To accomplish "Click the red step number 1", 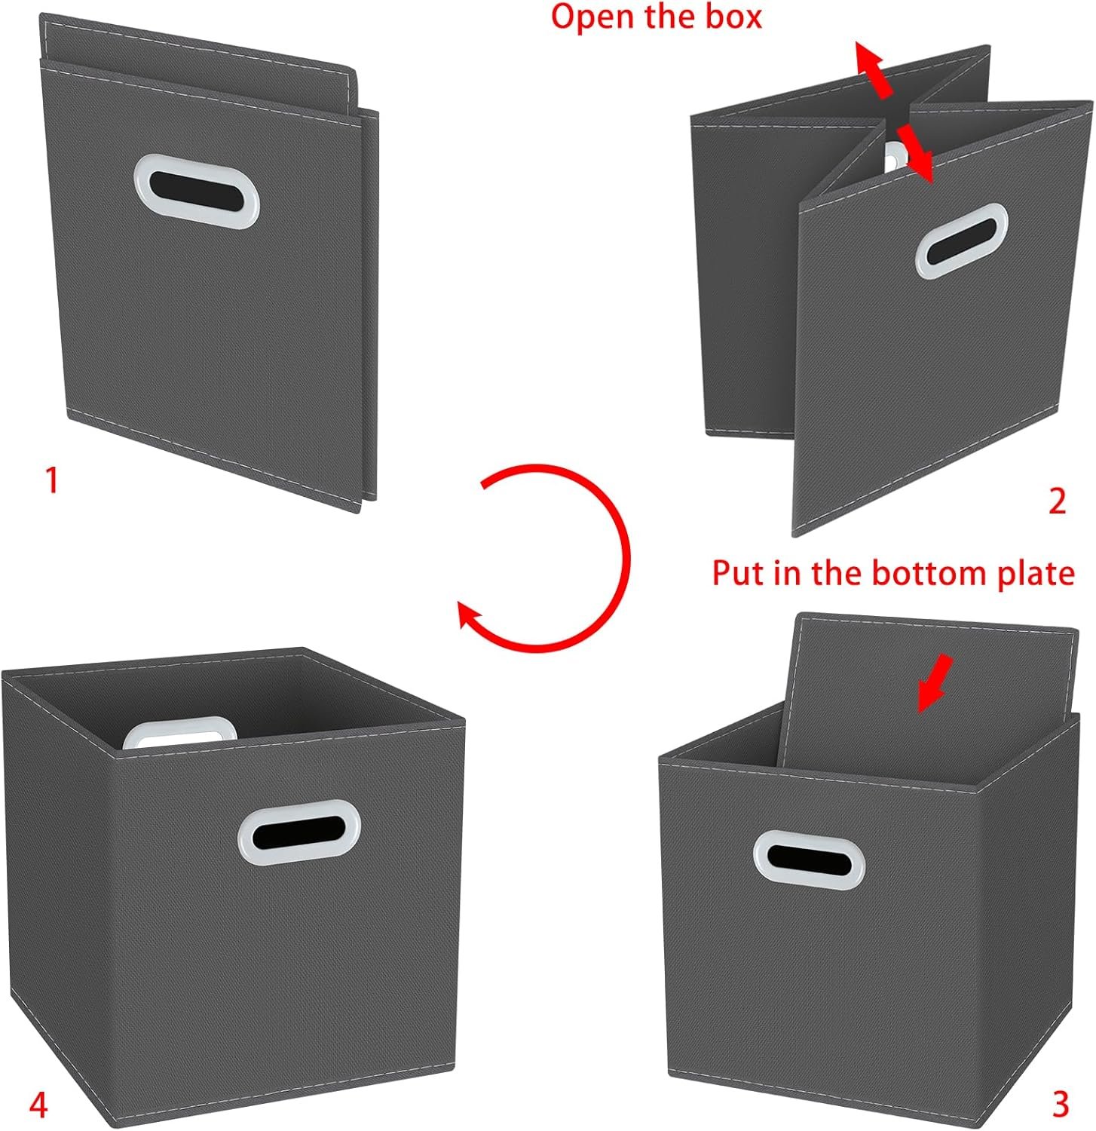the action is (51, 481).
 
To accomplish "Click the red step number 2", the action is (1058, 501).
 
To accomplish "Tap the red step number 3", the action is (1061, 1105).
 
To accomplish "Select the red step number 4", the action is (38, 1106).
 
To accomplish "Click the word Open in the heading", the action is (592, 17).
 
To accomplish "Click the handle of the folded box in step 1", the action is (197, 192).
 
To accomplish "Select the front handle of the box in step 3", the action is (810, 860).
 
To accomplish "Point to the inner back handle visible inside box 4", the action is (179, 732).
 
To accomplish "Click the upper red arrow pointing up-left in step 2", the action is (874, 70).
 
